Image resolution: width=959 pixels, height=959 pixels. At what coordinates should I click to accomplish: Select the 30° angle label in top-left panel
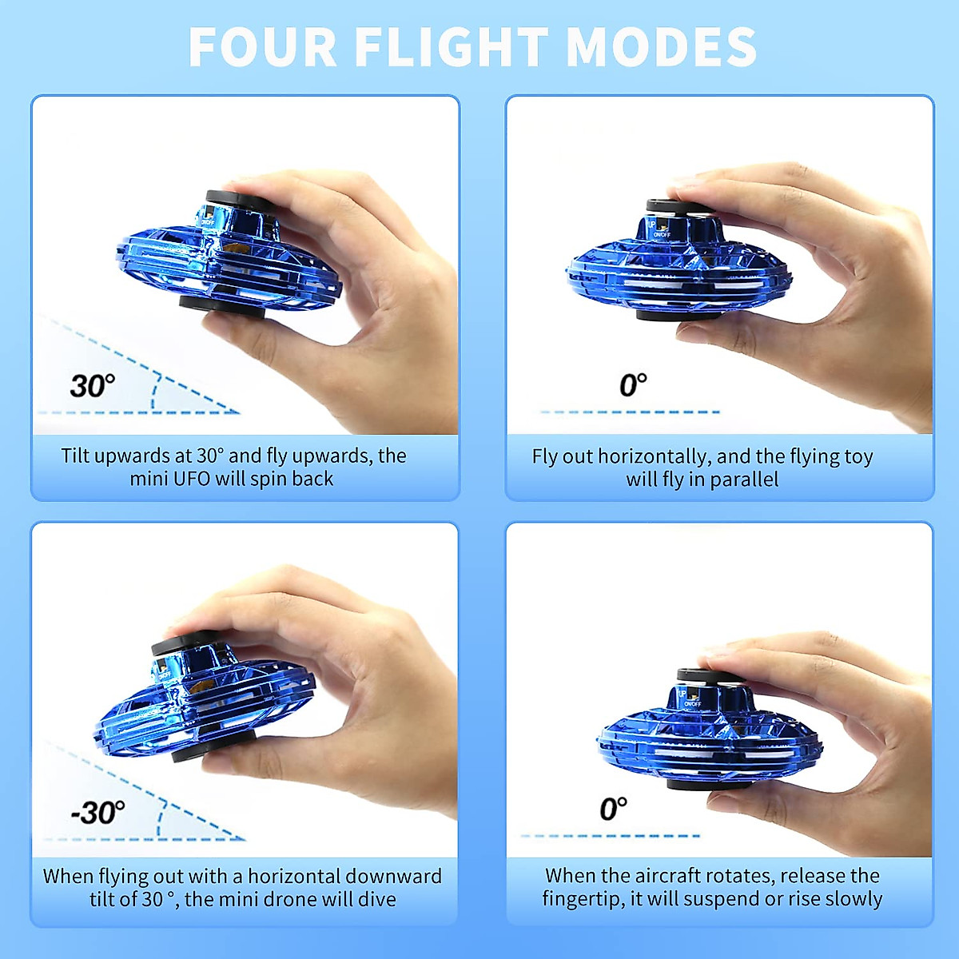coord(92,386)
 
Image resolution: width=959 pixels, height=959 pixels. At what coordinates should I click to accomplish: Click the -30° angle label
coord(97,813)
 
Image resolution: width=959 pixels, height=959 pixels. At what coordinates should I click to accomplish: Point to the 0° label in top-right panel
coord(633,384)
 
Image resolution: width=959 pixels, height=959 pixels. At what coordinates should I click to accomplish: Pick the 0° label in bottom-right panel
coord(613,809)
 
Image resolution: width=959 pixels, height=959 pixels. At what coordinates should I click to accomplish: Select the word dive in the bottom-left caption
coord(377,899)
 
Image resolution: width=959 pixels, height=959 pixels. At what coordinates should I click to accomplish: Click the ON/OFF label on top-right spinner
coord(662,235)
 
